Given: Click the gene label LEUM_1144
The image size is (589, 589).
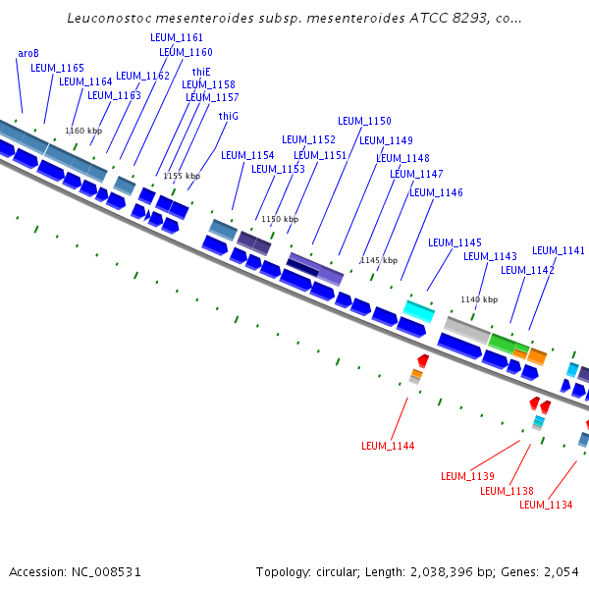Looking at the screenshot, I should point(388,446).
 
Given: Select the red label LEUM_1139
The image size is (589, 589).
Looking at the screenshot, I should point(467,476).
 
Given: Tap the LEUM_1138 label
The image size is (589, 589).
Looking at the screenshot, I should point(507,491).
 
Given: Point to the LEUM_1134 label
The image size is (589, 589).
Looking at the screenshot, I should point(546,505).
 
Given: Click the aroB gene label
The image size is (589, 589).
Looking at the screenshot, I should point(28,53).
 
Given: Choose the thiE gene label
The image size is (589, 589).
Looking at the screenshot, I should point(201,72).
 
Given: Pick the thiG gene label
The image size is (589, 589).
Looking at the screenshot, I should point(229,116).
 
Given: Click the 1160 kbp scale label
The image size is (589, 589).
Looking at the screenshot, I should point(83,131).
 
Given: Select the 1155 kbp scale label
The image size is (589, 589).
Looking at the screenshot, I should point(182,176).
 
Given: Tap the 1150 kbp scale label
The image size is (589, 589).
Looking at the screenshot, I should point(278,219).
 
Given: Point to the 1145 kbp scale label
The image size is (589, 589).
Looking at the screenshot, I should point(378,260).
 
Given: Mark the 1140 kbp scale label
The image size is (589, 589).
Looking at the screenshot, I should point(479,299).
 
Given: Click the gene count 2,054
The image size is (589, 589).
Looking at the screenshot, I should point(560,571).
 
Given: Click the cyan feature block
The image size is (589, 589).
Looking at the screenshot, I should point(419,311).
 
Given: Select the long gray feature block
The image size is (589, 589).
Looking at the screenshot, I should point(467,330).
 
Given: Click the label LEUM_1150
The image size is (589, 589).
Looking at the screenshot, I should point(364,121).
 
